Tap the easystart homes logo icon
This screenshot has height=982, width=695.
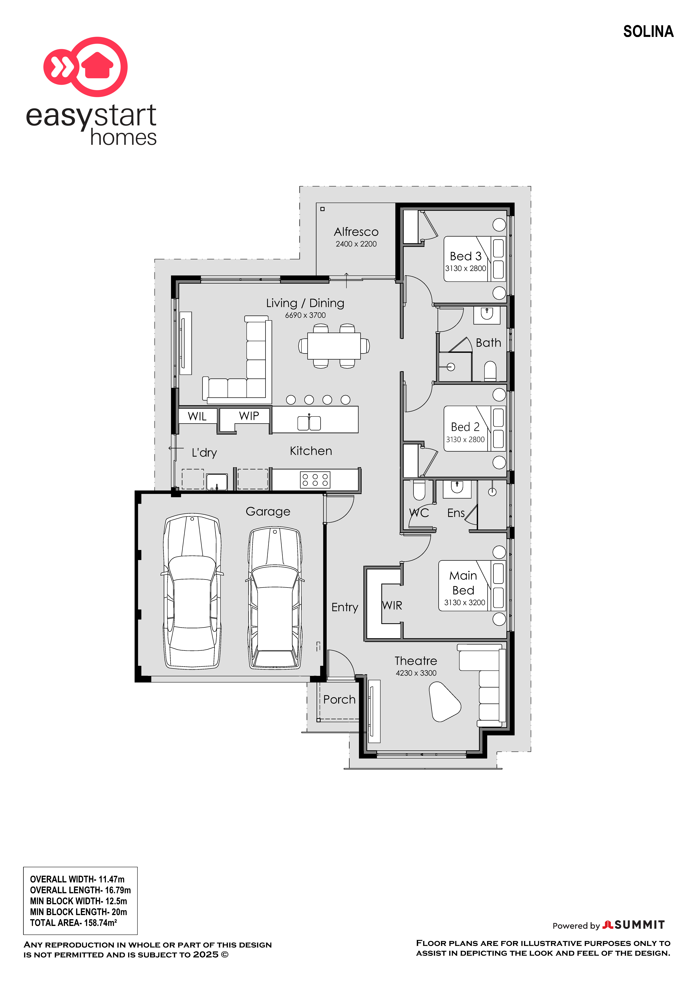(86, 67)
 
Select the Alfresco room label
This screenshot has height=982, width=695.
(356, 232)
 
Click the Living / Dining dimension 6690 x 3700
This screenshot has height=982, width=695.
(305, 315)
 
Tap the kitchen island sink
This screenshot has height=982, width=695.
(309, 423)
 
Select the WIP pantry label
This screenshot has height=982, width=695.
(249, 416)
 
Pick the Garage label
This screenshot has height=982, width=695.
(268, 511)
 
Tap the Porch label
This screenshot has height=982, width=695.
(339, 700)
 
